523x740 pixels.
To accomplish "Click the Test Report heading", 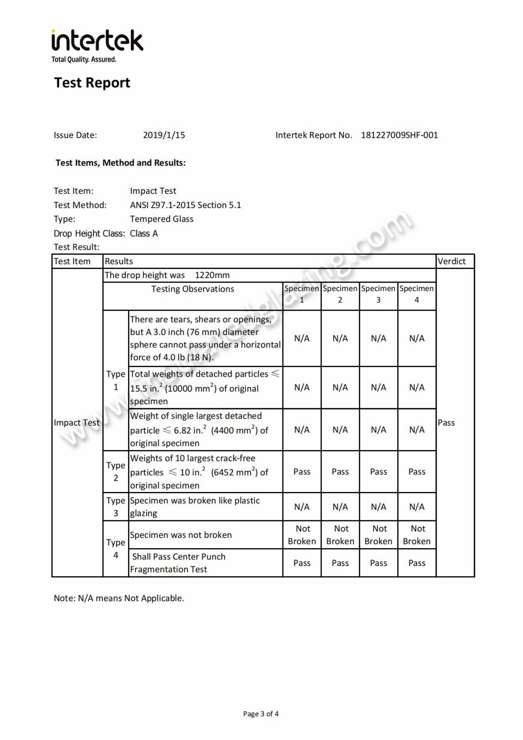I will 92,82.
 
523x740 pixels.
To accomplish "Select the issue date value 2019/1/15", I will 164,135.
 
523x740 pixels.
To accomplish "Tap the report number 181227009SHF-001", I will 399,135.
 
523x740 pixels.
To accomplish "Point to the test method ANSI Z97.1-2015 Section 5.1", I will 185,205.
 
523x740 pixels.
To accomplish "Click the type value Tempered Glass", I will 161,219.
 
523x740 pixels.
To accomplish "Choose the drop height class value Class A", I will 144,233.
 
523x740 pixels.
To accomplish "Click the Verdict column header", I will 452,261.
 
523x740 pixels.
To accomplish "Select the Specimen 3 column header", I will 378,294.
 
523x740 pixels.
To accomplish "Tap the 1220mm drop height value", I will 212,275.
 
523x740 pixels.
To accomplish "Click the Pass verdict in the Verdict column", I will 446,423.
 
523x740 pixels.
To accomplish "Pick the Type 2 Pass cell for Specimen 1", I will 302,472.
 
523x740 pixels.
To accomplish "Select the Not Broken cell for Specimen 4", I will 417,535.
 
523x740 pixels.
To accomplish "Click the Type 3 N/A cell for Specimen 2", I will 340,507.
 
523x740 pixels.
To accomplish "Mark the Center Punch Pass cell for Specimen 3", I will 378,563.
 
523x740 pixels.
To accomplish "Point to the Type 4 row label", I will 115,549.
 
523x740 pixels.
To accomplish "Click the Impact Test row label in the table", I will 77,423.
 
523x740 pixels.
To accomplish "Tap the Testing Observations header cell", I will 193,289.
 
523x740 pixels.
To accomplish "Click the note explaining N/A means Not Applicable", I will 119,598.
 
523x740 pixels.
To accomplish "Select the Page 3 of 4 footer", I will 261,714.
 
